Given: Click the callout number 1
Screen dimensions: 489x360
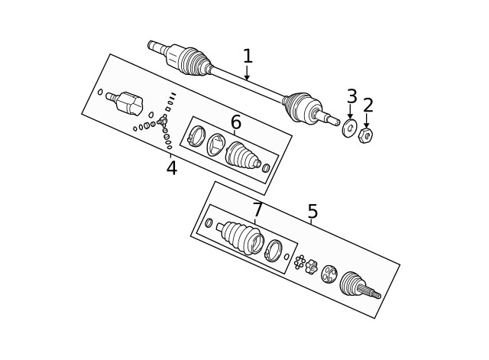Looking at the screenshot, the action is click(x=247, y=56).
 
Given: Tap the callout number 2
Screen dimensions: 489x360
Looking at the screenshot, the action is click(x=368, y=105).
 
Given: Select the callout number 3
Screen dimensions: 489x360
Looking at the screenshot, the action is click(x=351, y=97).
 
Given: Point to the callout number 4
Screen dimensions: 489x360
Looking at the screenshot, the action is click(x=171, y=168).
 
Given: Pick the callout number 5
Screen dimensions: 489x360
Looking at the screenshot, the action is click(x=313, y=212).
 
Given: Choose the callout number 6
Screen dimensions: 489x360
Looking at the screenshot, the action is click(x=236, y=122).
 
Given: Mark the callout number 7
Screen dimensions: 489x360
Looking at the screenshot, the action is click(x=257, y=209).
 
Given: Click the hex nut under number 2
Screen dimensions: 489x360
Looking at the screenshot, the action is click(x=365, y=135).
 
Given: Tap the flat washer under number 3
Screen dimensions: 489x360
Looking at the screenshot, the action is click(x=349, y=128).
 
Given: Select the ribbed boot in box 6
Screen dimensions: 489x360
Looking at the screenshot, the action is click(x=243, y=155).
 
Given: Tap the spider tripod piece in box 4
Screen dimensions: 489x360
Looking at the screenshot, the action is click(x=162, y=120).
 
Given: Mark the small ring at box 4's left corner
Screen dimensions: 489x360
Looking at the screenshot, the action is click(x=100, y=92).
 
